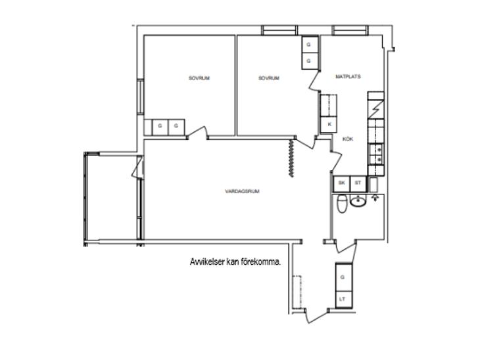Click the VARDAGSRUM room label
pos(242,191)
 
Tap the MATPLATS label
pos(348,76)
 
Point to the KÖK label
pos(347,139)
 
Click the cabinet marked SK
pos(342,183)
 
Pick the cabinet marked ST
pos(358,183)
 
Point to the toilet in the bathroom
pos(341,204)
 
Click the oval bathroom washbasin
pos(358,202)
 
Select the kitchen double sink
pos(376,154)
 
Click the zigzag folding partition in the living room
pos(291,158)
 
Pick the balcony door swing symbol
pos(137,168)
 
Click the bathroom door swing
pos(347,247)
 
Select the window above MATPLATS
pos(350,30)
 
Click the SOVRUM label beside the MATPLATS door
pos(269,78)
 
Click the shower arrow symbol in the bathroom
pos(375,198)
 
